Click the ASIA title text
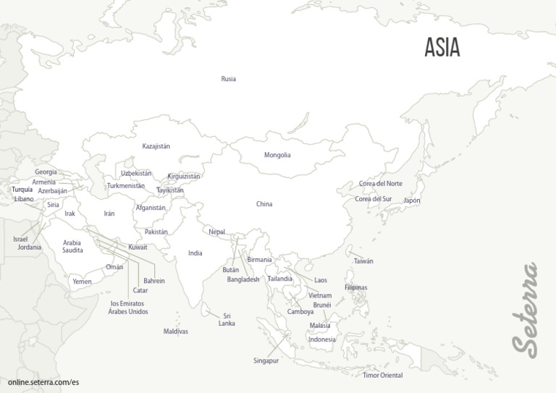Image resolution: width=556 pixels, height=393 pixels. [x=442, y=48]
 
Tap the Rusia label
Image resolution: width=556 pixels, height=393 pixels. [x=228, y=79]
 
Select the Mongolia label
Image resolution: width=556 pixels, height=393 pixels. [x=277, y=155]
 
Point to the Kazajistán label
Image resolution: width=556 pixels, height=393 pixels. [x=156, y=146]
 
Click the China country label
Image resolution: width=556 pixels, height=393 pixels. [x=264, y=204]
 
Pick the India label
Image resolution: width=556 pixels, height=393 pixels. [x=195, y=253]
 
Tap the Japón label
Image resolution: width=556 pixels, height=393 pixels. [x=411, y=200]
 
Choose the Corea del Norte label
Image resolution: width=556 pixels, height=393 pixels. [x=381, y=184]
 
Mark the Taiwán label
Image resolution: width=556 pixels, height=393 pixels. [x=363, y=261]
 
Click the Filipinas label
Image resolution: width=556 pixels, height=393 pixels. [x=356, y=287]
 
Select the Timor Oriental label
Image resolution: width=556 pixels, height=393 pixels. [x=382, y=376]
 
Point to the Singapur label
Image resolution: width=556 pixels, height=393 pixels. [x=266, y=360]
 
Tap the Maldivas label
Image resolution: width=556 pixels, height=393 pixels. [x=176, y=331]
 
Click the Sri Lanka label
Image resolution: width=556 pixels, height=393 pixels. [x=227, y=319]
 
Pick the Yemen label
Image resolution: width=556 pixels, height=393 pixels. [x=82, y=282]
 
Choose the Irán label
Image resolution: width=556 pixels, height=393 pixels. [x=109, y=214]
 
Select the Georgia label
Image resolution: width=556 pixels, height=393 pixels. [x=46, y=172]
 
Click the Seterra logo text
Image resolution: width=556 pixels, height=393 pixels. [x=525, y=309]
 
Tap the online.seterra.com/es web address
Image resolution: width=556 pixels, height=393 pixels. [x=43, y=381]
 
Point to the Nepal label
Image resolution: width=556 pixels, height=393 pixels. [x=216, y=232]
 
